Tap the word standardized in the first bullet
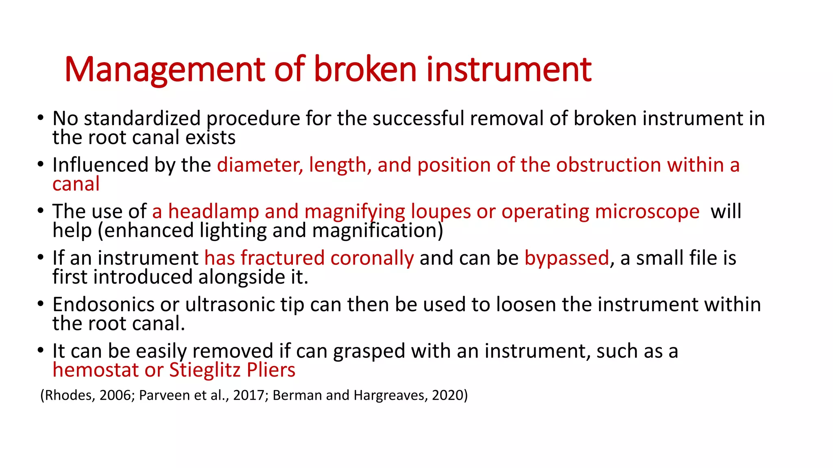pyautogui.click(x=142, y=119)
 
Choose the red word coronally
pyautogui.click(x=372, y=258)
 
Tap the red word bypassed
pyautogui.click(x=567, y=258)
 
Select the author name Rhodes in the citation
pyautogui.click(x=69, y=395)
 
